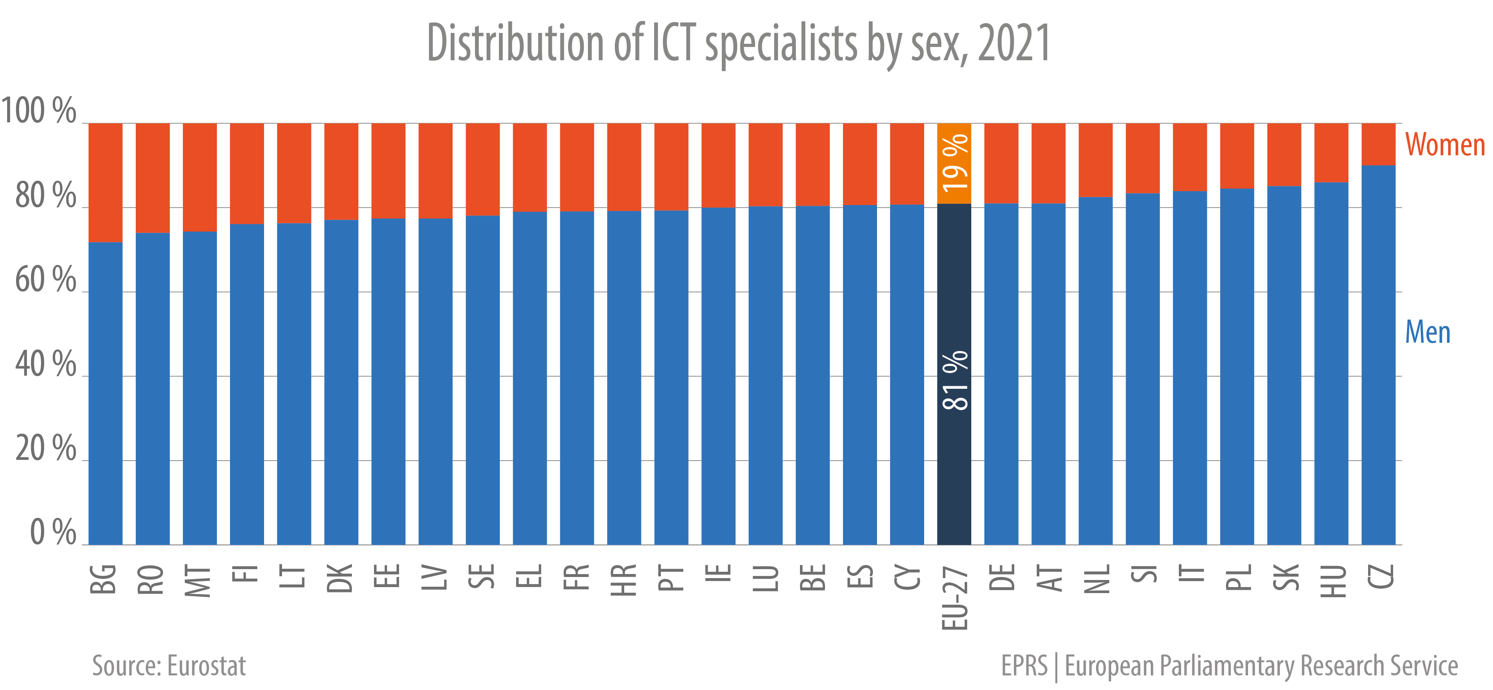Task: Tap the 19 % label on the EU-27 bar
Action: pyautogui.click(x=954, y=163)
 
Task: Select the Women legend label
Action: pyautogui.click(x=1444, y=145)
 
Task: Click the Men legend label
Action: pyautogui.click(x=1428, y=333)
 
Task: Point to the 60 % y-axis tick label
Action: pyautogui.click(x=45, y=280)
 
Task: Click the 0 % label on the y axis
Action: pyautogui.click(x=52, y=532)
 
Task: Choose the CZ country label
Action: pyautogui.click(x=1379, y=577)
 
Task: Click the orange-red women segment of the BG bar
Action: pyautogui.click(x=105, y=183)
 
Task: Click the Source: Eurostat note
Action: pyautogui.click(x=169, y=666)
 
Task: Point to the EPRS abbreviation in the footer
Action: pyautogui.click(x=1024, y=666)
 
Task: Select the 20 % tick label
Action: pyautogui.click(x=45, y=448)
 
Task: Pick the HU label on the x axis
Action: pyautogui.click(x=1332, y=580)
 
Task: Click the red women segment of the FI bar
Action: pyautogui.click(x=247, y=174)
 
